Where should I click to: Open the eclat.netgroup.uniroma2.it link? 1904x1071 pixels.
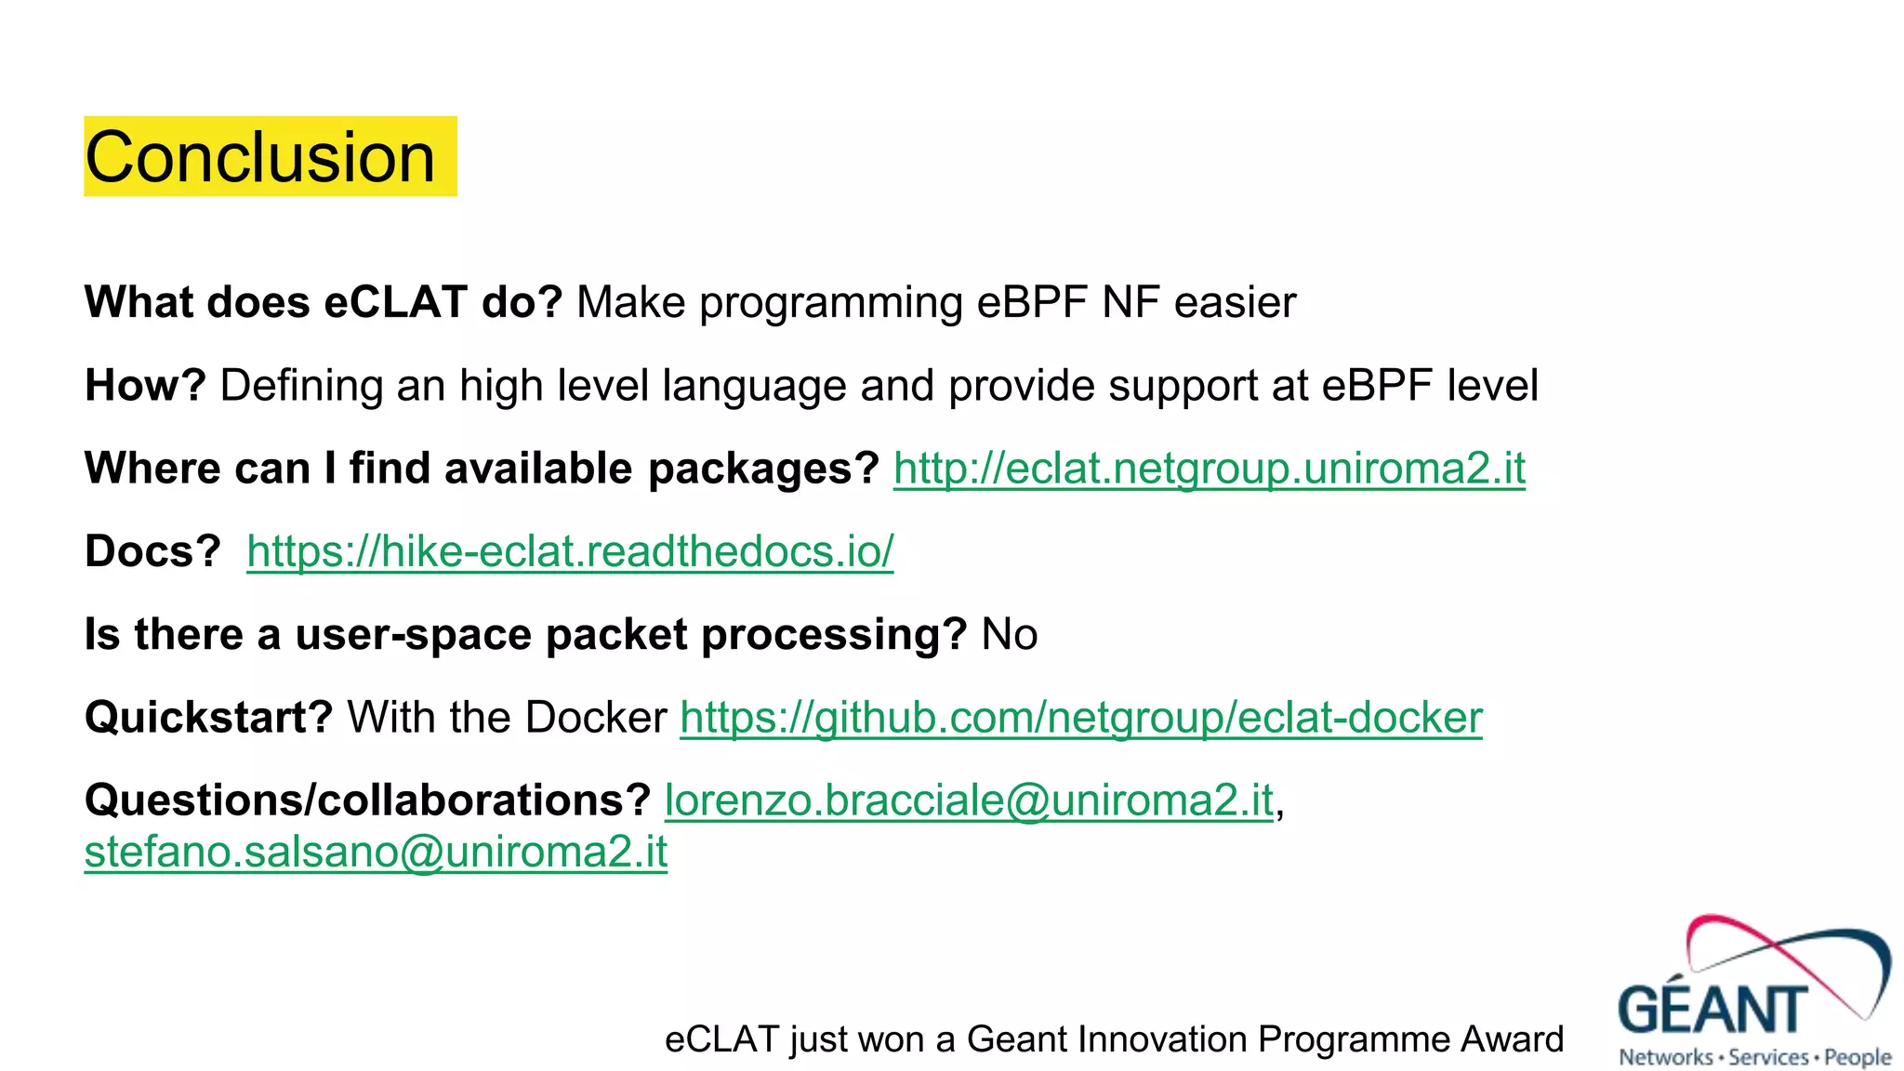1209,468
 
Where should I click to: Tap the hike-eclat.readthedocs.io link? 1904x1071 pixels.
569,551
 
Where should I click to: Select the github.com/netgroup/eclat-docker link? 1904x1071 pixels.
1080,717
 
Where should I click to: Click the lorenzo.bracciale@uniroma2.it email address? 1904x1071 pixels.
968,800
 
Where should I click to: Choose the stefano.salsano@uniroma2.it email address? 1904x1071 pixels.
376,852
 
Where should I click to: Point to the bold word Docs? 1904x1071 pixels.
152,551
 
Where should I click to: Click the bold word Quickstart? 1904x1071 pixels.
208,717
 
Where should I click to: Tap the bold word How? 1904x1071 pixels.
144,385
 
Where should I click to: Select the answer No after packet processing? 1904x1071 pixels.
1009,634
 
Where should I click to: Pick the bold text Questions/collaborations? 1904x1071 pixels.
367,800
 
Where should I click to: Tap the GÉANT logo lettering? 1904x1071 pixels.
1712,1009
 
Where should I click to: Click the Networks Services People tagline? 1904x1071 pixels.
1754,1057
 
